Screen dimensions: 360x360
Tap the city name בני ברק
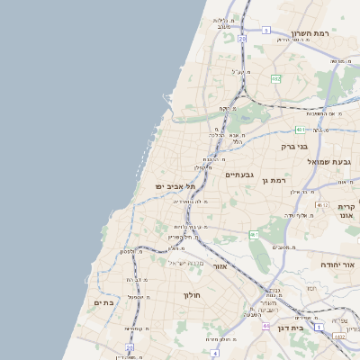pos(294,145)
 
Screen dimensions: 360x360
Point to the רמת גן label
pos(274,181)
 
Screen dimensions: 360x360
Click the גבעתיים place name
pos(239,175)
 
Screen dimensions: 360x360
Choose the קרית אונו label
pos(347,211)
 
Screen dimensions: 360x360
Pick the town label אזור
pos(220,266)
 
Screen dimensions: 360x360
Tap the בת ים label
pos(104,303)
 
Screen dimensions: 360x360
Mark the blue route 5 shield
pos(266,31)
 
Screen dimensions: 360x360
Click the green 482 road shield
pos(275,79)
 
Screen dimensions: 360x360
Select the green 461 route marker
pos(255,235)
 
